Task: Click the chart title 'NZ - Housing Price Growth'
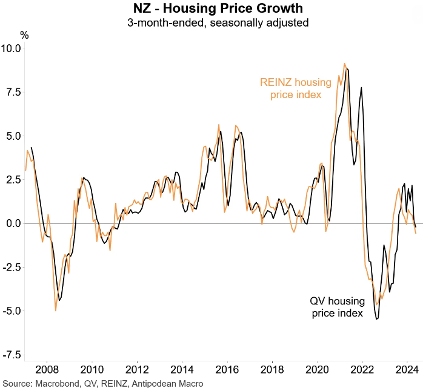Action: point(211,10)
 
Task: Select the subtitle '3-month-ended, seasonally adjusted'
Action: point(211,24)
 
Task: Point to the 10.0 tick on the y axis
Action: point(11,48)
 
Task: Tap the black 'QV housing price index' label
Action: point(336,307)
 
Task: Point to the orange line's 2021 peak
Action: point(344,64)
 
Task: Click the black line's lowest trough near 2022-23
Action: point(377,319)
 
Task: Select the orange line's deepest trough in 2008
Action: point(56,311)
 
